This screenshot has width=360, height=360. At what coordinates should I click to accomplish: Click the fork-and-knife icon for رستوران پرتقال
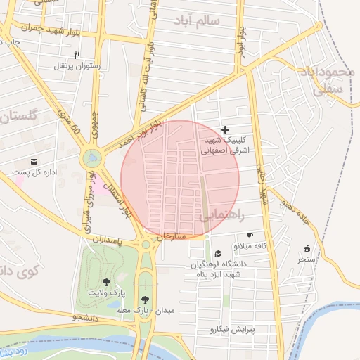[77, 54]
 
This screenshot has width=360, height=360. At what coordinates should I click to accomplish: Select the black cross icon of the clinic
[225, 129]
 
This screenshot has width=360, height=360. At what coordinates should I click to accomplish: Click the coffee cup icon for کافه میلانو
[249, 236]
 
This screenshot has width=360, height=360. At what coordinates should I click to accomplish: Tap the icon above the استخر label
[306, 248]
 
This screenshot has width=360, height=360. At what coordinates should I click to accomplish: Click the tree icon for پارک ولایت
[106, 281]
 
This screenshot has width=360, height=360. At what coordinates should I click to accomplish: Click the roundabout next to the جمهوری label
[91, 160]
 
